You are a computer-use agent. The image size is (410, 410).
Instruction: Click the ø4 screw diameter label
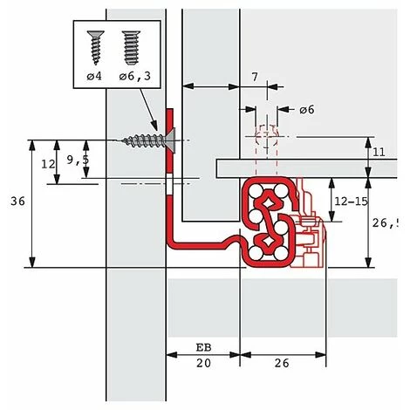pos(94,76)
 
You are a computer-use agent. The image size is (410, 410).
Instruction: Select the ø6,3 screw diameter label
pos(135,76)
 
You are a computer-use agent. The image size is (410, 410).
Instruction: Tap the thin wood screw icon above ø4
pos(96,47)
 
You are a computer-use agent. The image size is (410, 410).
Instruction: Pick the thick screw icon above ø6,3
pos(131,48)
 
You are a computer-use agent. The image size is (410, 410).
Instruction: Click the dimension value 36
pos(17,202)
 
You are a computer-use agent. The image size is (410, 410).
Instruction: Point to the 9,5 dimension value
pos(78,160)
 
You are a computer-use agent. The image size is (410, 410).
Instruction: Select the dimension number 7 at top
pos(255,77)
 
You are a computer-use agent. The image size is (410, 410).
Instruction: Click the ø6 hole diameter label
pos(307,110)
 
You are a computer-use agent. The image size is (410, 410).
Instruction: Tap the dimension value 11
pos(379,152)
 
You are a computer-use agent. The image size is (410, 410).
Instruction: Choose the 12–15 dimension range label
pos(352,202)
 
